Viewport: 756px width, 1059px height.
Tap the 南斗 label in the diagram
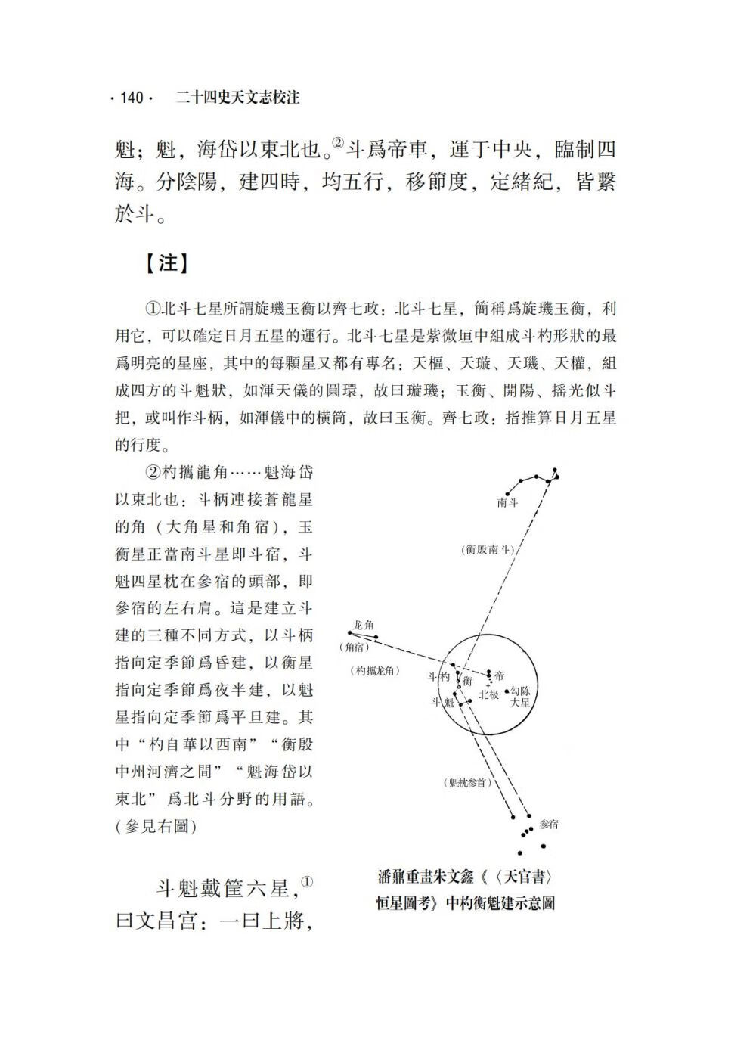[507, 503]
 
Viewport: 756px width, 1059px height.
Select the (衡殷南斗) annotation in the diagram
[488, 550]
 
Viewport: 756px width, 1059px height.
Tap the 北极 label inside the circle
[488, 694]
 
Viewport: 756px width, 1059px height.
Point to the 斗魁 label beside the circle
[442, 701]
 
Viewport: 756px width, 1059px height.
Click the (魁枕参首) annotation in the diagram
[467, 782]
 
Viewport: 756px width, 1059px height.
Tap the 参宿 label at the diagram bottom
[550, 824]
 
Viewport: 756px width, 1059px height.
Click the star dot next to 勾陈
[506, 691]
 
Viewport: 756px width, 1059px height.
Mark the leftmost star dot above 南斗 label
[507, 489]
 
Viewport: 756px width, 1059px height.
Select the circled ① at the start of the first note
[151, 309]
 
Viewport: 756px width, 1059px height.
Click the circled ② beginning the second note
[151, 473]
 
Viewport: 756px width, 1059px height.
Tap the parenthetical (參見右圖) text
[156, 826]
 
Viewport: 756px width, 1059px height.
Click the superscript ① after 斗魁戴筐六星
[306, 882]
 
